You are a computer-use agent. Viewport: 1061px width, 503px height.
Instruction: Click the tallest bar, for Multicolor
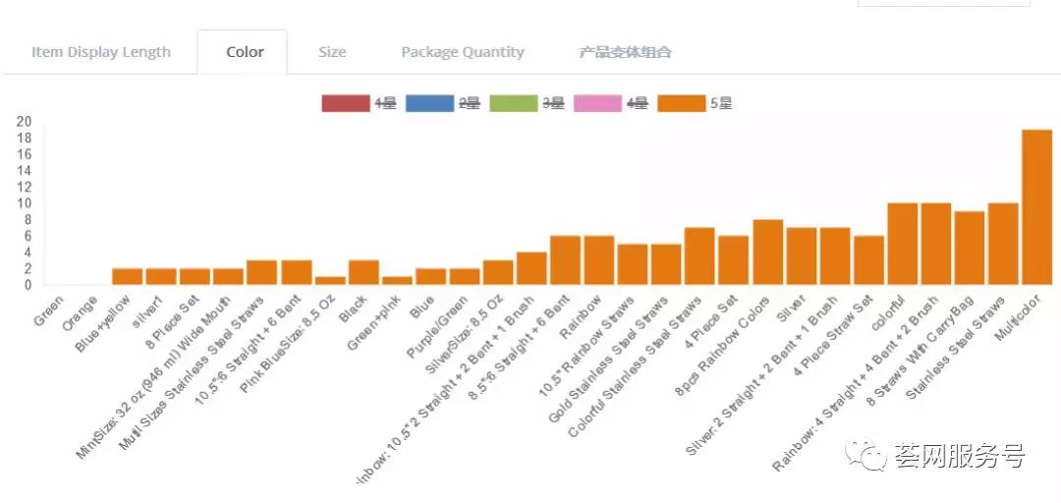pos(1036,207)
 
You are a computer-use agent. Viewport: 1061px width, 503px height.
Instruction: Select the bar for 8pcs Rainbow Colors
pos(767,252)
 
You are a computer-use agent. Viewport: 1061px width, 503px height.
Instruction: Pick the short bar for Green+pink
pos(397,281)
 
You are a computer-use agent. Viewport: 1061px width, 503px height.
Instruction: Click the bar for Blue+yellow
pos(128,277)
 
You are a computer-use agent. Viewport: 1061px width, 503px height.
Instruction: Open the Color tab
pos(245,52)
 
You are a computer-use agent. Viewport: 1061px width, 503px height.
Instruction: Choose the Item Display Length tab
pos(101,52)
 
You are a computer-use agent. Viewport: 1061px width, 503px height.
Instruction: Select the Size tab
pos(332,52)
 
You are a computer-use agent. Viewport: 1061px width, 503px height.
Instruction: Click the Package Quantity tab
pos(463,52)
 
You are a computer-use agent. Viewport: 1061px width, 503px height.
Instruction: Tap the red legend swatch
pos(345,103)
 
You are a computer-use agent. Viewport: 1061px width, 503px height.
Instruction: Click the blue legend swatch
pos(429,103)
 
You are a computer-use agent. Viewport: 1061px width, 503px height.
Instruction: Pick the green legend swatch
pos(513,103)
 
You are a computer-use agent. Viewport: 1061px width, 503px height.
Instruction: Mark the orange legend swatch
pos(681,103)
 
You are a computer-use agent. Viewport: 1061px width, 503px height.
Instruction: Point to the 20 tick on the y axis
pos(24,122)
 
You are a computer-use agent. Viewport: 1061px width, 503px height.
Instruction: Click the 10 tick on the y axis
pos(24,203)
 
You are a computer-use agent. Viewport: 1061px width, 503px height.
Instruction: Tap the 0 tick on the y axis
pos(28,285)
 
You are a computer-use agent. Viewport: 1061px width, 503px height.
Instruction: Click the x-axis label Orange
pos(80,307)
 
